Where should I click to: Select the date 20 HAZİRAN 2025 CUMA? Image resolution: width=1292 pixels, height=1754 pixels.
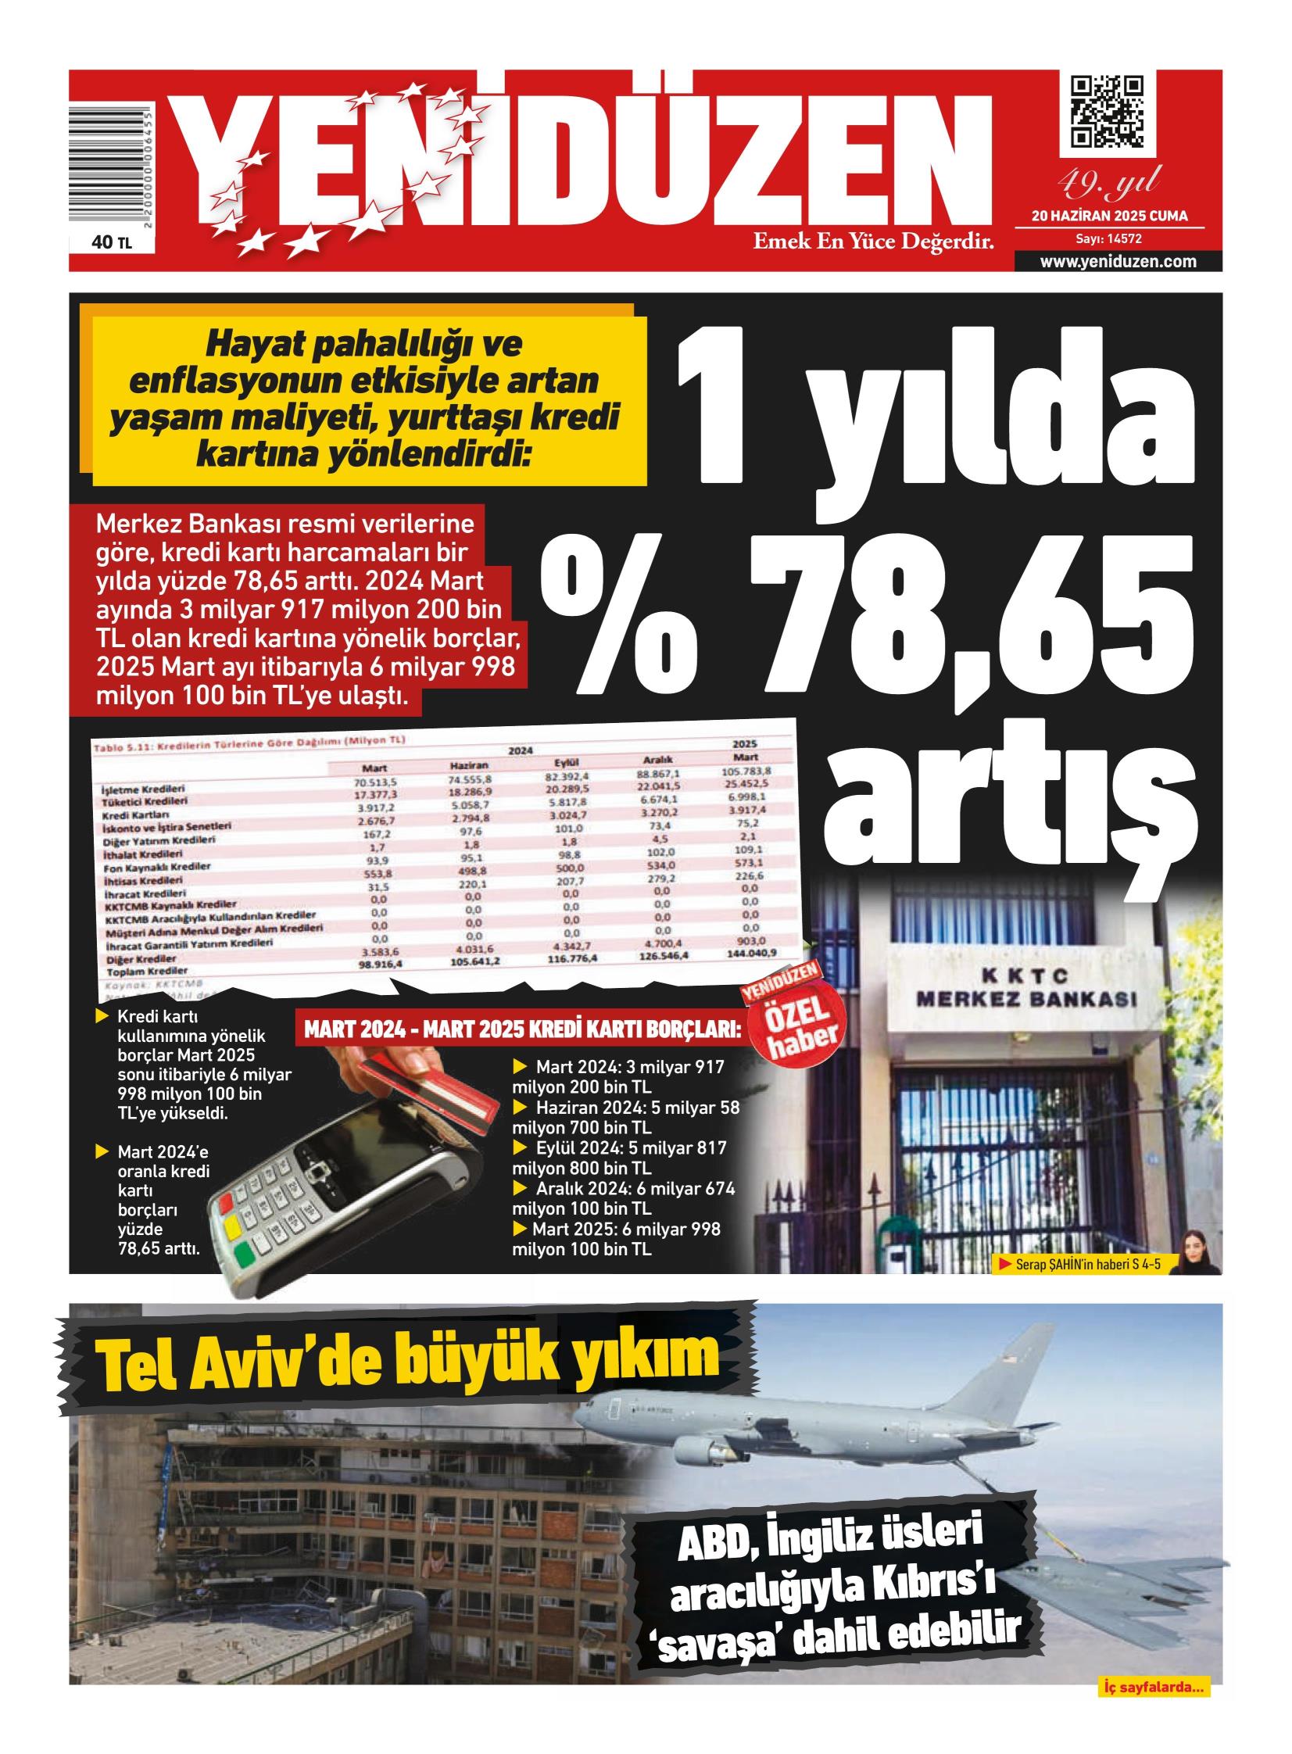point(1109,216)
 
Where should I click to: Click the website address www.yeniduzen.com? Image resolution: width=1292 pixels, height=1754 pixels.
point(1118,262)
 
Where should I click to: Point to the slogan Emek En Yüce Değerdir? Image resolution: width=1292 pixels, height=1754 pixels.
point(873,242)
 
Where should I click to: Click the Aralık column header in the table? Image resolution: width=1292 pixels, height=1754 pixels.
point(658,759)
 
